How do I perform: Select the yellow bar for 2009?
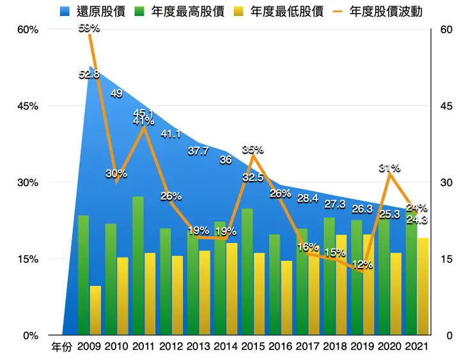[95, 310]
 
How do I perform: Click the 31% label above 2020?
[389, 168]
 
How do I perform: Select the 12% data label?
[362, 264]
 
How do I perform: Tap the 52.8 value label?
[89, 74]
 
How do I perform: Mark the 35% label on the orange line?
[252, 149]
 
